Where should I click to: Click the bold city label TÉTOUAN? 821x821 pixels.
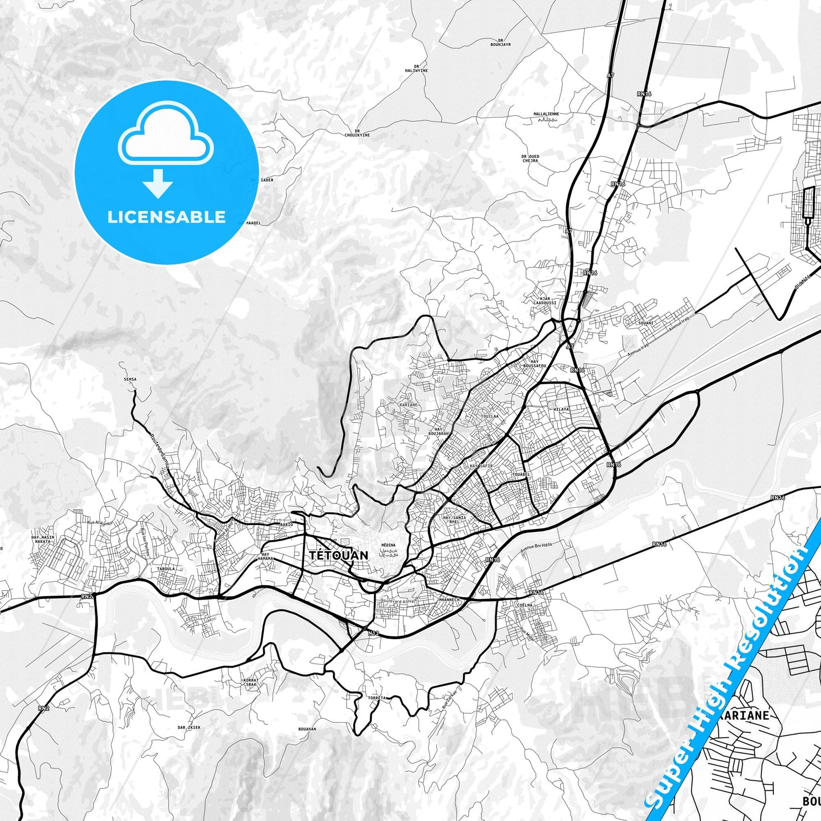[x=339, y=555]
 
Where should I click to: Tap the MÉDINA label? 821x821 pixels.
[x=389, y=545]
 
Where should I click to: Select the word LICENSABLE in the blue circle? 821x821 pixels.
[x=166, y=217]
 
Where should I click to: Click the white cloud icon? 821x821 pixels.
[x=166, y=135]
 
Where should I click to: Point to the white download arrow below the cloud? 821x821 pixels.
[x=158, y=184]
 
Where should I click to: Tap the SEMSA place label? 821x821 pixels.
[x=130, y=379]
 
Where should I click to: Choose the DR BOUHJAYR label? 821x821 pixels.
[x=501, y=42]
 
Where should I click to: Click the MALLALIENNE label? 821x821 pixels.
[x=546, y=114]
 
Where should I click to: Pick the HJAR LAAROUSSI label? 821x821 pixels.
[x=544, y=301]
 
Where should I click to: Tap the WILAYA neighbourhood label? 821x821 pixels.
[x=561, y=409]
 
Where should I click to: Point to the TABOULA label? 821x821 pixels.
[x=166, y=568]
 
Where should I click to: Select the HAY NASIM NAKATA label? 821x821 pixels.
[x=43, y=539]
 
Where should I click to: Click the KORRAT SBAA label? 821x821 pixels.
[x=251, y=682]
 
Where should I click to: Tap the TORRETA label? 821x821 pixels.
[x=377, y=698]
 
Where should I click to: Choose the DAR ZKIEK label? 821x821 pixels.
[x=189, y=727]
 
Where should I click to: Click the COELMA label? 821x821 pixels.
[x=524, y=605]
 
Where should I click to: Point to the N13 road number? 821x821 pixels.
[x=373, y=633]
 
